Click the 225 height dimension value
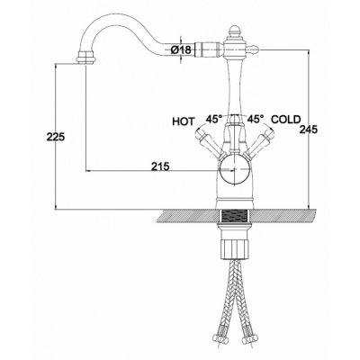coord(56,137)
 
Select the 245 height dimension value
coord(309,130)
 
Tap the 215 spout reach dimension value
coord(160,166)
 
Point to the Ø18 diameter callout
coord(181,50)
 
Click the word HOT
coord(184,121)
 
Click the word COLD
coord(285,120)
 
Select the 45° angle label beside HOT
coord(214,120)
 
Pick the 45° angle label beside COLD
coord(256,120)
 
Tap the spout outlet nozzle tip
coord(85,58)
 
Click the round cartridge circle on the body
coord(235,169)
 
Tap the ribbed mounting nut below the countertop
coord(235,244)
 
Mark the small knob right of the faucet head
coord(254,49)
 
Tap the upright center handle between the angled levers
coord(235,132)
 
